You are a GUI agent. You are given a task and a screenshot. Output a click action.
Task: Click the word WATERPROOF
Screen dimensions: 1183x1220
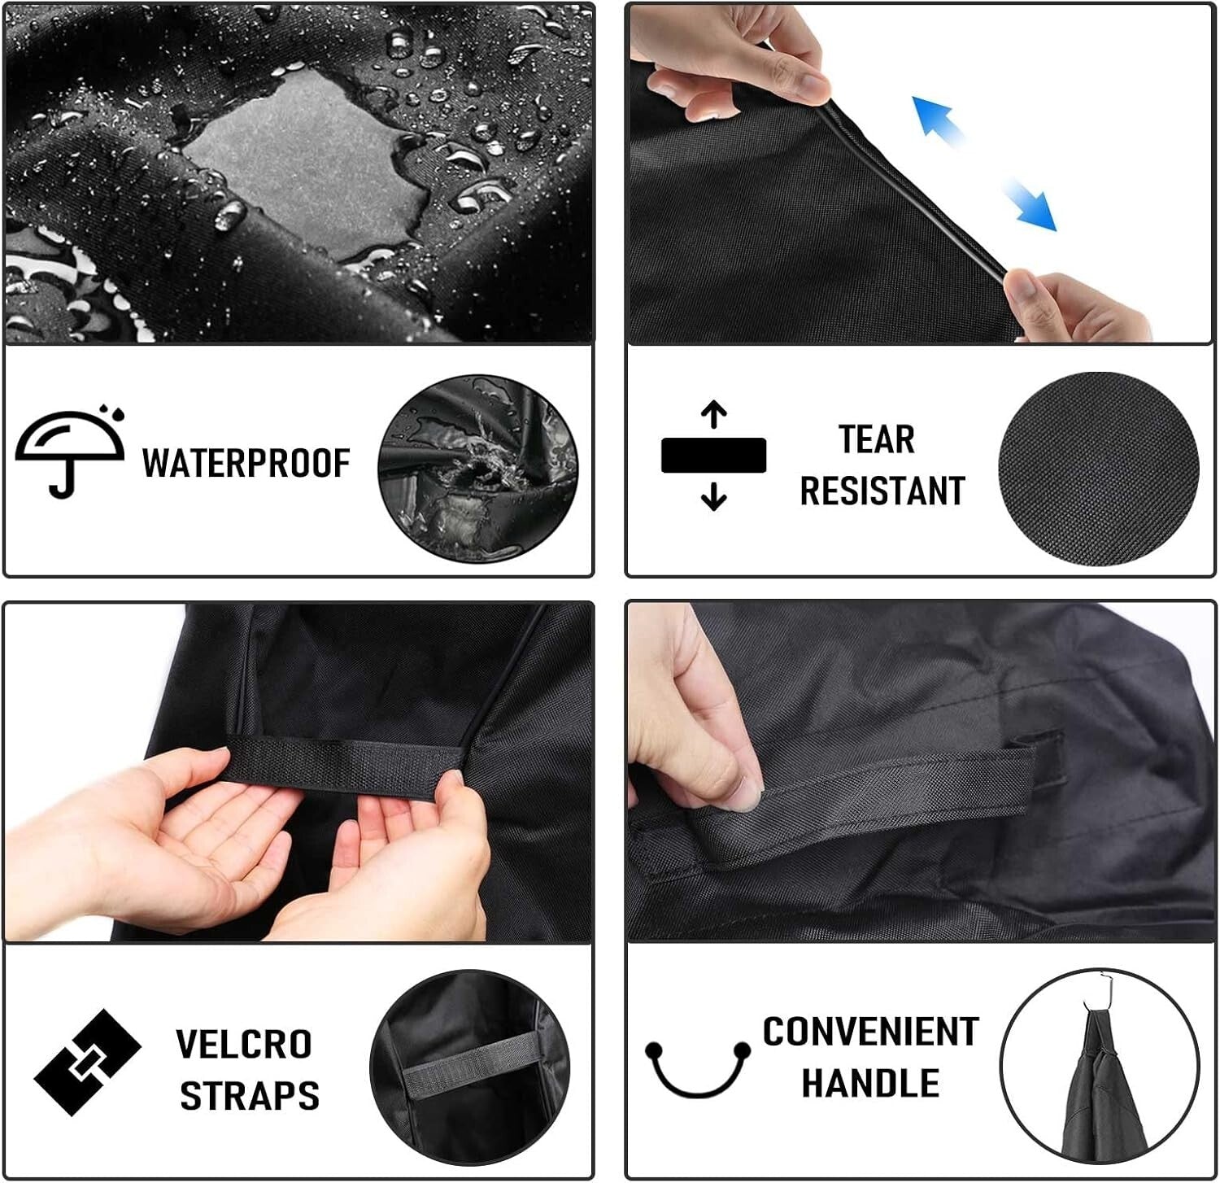(x=246, y=463)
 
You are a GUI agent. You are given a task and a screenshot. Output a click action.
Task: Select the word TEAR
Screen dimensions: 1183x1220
(x=876, y=439)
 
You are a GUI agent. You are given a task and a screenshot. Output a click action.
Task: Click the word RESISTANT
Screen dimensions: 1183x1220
(x=882, y=491)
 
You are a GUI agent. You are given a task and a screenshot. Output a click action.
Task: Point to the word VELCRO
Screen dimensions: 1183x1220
(x=243, y=1044)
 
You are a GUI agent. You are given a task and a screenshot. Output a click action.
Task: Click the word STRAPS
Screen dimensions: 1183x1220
(x=249, y=1095)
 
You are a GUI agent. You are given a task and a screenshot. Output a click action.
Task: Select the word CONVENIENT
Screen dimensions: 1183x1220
(x=869, y=1032)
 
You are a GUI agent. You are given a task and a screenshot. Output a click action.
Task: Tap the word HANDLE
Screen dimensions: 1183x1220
(x=869, y=1083)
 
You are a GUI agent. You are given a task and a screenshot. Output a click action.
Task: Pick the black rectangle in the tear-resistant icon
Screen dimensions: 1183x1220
(x=713, y=456)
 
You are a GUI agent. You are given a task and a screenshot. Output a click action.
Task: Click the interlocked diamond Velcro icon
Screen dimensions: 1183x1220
(x=87, y=1062)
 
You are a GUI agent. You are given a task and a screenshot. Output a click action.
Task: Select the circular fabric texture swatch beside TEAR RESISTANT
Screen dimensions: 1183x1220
(x=1098, y=469)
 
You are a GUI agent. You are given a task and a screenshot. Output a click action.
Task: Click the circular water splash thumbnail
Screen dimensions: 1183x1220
(x=478, y=469)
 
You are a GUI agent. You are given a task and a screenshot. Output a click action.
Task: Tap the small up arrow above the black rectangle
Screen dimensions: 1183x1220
(x=713, y=414)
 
